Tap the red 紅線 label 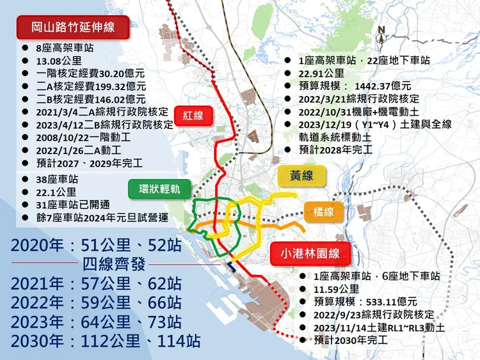193,115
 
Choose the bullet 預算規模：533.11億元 365,302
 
